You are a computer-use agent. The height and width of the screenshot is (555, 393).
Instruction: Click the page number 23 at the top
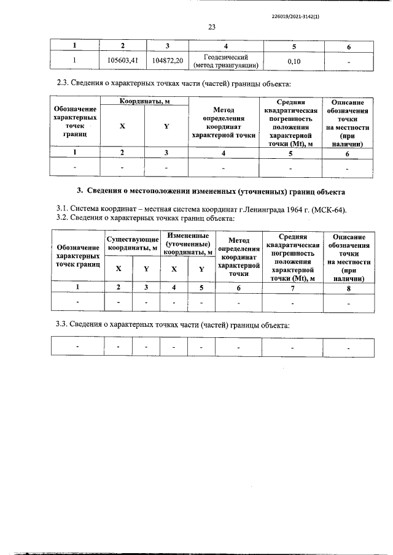pyautogui.click(x=212, y=27)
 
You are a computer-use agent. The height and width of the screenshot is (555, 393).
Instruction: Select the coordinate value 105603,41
pyautogui.click(x=122, y=61)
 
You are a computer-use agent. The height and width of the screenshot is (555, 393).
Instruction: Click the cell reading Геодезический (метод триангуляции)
pyautogui.click(x=226, y=61)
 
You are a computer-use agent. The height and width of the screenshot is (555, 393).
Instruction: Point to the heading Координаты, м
pyautogui.click(x=144, y=101)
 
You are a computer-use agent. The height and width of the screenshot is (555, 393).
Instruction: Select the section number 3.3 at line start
pyautogui.click(x=61, y=324)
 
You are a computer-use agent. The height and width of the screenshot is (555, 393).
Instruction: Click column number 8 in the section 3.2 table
pyautogui.click(x=348, y=286)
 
